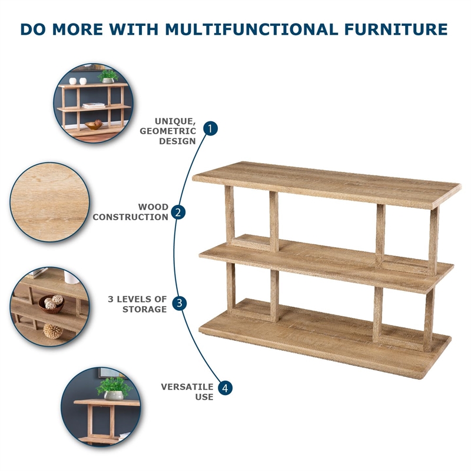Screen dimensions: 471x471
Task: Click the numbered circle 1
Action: click(x=210, y=128)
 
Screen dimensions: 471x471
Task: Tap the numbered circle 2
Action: click(x=178, y=213)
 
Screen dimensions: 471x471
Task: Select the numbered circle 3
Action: click(x=180, y=303)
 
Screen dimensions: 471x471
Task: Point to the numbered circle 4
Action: click(x=225, y=388)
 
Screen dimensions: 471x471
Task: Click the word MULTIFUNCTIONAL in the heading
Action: click(x=252, y=29)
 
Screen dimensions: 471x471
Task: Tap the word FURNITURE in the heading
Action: click(x=396, y=29)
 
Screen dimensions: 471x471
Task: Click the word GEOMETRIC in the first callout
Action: click(x=168, y=131)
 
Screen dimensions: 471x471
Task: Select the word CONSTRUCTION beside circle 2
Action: click(x=130, y=217)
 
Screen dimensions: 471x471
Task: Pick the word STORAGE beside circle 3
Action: click(x=144, y=309)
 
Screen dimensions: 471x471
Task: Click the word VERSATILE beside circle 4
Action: click(x=187, y=387)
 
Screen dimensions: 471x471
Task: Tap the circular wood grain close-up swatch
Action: click(x=50, y=202)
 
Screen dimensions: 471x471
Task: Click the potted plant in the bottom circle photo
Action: click(x=114, y=389)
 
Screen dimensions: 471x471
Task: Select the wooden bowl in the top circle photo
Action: click(x=94, y=125)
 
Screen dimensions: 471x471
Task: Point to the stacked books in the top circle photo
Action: click(x=94, y=105)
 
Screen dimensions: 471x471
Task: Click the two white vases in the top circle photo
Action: click(x=78, y=81)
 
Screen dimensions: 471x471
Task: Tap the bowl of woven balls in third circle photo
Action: click(x=52, y=304)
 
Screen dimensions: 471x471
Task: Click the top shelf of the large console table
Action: click(x=327, y=185)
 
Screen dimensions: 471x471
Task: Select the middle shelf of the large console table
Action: click(x=327, y=263)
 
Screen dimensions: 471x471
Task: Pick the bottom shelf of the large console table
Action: click(x=325, y=338)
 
